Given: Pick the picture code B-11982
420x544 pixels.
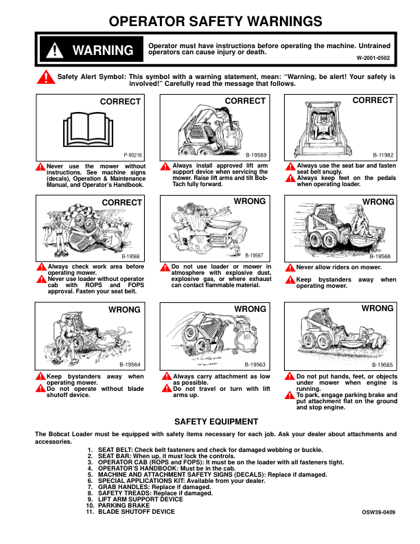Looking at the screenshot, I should (383, 156).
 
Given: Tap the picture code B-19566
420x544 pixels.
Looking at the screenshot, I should (131, 256).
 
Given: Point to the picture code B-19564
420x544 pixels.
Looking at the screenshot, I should (130, 365).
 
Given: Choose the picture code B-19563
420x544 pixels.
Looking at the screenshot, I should (255, 365).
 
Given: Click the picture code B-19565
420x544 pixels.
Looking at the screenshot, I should (382, 365).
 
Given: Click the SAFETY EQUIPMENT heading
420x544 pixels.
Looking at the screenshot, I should (215, 421).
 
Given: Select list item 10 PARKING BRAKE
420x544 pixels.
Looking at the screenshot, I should (124, 506).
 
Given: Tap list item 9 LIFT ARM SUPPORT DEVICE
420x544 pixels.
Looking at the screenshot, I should (140, 499).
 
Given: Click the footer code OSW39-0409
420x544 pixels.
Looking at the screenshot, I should (379, 512).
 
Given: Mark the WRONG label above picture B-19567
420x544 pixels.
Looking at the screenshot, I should (250, 202).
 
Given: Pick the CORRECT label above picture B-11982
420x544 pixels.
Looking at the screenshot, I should (373, 100).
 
